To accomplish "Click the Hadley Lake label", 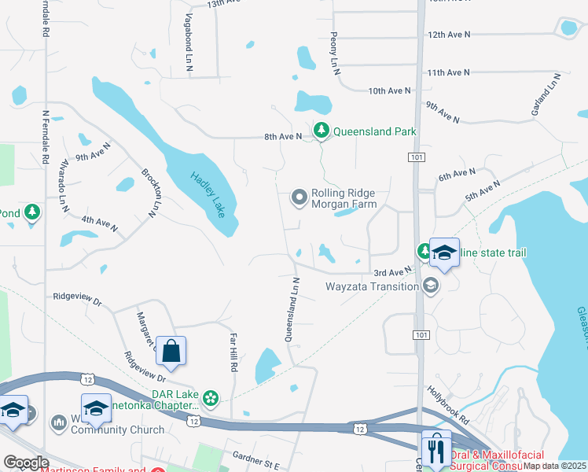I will [x=208, y=195].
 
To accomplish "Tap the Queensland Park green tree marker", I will [x=321, y=131].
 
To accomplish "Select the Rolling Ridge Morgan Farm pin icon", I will [x=299, y=197].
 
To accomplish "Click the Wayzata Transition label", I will [x=373, y=286].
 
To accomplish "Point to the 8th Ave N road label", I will [x=283, y=137].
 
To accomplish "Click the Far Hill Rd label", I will [x=233, y=352].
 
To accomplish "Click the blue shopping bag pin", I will [x=171, y=352].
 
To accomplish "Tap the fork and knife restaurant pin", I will [x=436, y=448].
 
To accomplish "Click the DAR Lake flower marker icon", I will [x=210, y=399].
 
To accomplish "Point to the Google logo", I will [x=27, y=463].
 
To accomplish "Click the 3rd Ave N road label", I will [x=393, y=272].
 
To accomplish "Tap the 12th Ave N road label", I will [x=448, y=35].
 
